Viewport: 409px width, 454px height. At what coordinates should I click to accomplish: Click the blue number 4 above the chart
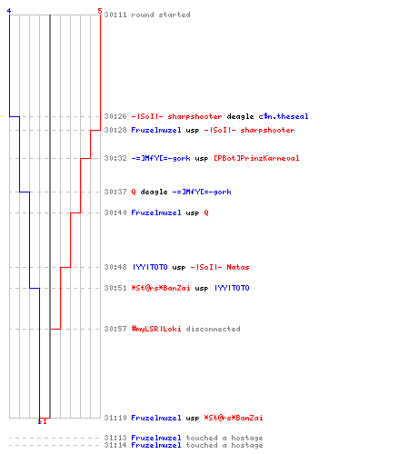[9, 11]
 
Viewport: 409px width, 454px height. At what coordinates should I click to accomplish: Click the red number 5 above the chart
[100, 11]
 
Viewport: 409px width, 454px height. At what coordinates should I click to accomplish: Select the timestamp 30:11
[115, 15]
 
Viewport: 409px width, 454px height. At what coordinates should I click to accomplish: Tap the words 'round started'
[161, 15]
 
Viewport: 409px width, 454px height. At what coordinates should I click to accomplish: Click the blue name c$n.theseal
[284, 116]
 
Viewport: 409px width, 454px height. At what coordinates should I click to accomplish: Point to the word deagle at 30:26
[240, 117]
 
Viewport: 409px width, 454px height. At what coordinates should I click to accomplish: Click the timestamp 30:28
[115, 130]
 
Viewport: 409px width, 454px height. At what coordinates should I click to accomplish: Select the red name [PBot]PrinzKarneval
[256, 158]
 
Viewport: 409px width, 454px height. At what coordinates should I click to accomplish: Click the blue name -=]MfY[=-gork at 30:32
[161, 158]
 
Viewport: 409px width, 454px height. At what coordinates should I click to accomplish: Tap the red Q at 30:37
[134, 192]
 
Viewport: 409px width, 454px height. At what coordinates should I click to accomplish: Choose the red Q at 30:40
[206, 212]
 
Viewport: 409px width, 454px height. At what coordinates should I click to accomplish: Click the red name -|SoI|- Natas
[220, 267]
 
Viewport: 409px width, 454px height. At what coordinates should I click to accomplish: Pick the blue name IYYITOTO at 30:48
[150, 267]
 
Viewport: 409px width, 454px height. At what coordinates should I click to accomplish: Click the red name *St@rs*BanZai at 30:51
[161, 288]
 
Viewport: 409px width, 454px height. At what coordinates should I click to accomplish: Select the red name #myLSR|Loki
[156, 329]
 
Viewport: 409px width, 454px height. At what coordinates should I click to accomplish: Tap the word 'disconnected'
[213, 329]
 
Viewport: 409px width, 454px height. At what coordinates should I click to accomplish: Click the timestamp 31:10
[115, 418]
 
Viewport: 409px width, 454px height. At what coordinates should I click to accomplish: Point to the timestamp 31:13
[115, 438]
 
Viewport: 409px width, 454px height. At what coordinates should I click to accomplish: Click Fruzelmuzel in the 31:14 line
[156, 445]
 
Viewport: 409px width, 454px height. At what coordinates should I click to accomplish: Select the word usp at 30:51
[202, 289]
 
